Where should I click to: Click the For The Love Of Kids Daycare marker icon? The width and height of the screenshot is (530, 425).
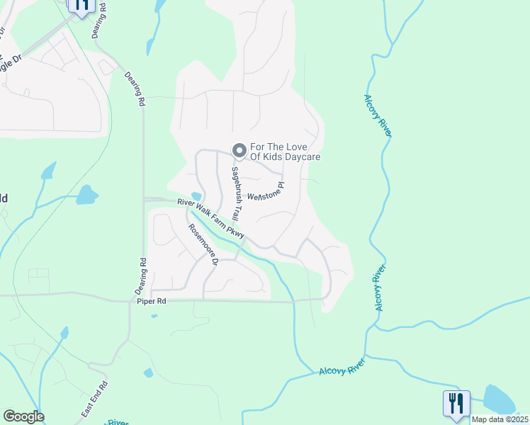click(239, 150)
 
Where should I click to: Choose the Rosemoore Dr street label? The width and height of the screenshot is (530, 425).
click(203, 245)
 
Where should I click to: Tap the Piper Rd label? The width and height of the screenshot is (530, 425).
click(152, 302)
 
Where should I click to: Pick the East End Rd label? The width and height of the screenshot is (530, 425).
click(94, 399)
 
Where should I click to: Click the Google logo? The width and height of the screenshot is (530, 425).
click(23, 416)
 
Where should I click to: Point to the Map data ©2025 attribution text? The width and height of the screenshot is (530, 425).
click(499, 419)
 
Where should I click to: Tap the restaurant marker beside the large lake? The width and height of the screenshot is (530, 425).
click(456, 404)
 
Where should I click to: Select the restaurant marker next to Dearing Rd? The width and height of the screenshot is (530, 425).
click(81, 6)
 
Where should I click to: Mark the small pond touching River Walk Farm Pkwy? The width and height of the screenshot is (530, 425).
click(196, 196)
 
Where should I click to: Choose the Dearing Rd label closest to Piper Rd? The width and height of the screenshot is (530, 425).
click(140, 276)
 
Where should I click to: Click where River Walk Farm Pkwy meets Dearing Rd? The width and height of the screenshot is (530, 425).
click(144, 200)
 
